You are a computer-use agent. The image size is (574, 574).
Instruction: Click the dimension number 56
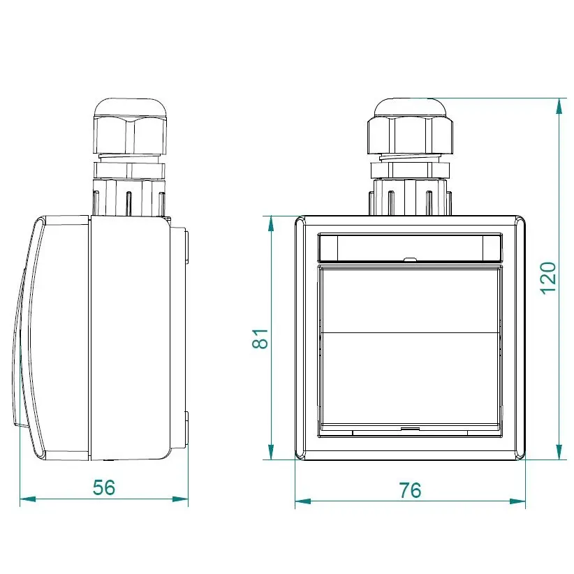pyautogui.click(x=104, y=487)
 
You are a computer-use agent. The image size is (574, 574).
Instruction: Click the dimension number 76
pyautogui.click(x=410, y=490)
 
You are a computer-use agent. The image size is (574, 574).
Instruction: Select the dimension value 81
pyautogui.click(x=260, y=339)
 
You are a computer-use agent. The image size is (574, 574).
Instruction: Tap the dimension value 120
pyautogui.click(x=548, y=278)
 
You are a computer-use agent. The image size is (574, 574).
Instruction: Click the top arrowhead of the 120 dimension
pyautogui.click(x=559, y=106)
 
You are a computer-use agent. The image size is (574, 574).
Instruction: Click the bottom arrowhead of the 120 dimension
pyautogui.click(x=559, y=452)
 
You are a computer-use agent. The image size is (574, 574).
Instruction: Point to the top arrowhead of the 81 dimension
pyautogui.click(x=271, y=223)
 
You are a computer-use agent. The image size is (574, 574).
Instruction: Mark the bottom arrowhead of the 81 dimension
pyautogui.click(x=271, y=452)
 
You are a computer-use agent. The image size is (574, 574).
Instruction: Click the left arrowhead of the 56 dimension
pyautogui.click(x=28, y=499)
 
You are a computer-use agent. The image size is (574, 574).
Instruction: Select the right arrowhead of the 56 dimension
pyautogui.click(x=180, y=499)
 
